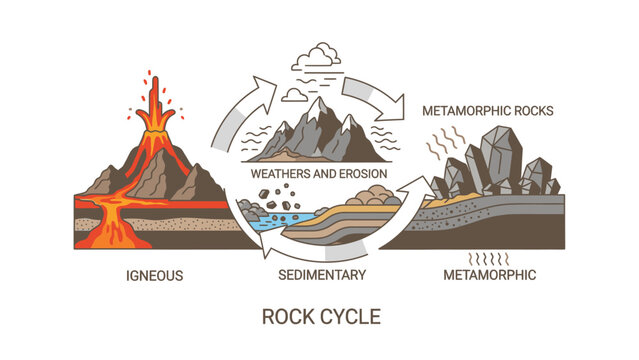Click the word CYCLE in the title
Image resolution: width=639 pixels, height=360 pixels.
(x=350, y=318)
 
